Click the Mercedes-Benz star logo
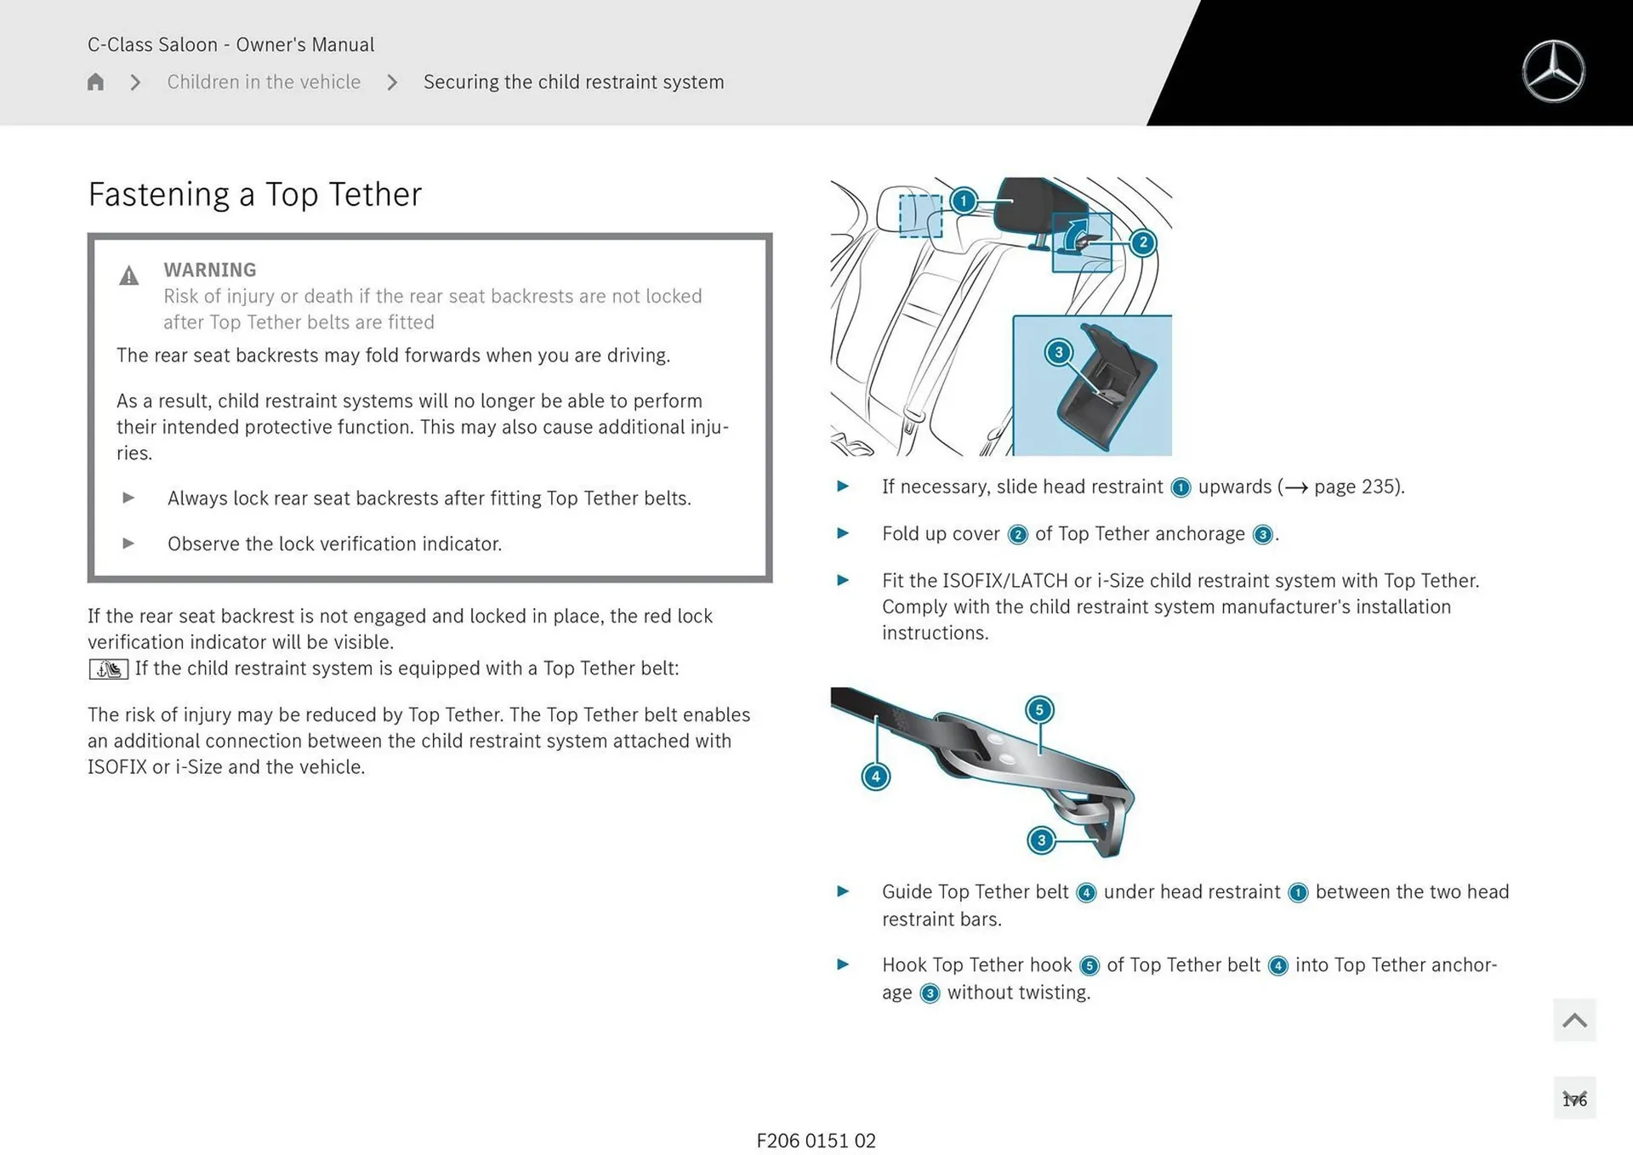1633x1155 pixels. pyautogui.click(x=1553, y=71)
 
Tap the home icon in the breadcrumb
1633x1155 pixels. pyautogui.click(x=95, y=82)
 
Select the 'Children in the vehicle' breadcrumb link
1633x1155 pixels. pyautogui.click(x=264, y=82)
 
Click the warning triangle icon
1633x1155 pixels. pyautogui.click(x=128, y=276)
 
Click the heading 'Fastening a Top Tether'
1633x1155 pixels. pyautogui.click(x=254, y=195)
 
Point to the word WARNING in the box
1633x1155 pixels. pyautogui.click(x=210, y=270)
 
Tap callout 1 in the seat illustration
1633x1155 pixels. pyautogui.click(x=963, y=201)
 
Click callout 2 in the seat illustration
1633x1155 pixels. pyautogui.click(x=1142, y=243)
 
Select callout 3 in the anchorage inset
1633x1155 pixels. pyautogui.click(x=1058, y=352)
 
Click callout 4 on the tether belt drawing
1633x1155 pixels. pyautogui.click(x=875, y=776)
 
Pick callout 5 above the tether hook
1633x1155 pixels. pyautogui.click(x=1039, y=709)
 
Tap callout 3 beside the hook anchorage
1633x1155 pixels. pyautogui.click(x=1041, y=840)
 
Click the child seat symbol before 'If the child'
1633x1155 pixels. pyautogui.click(x=108, y=669)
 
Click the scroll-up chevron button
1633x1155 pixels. pyautogui.click(x=1573, y=1020)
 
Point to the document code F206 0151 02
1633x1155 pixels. pyautogui.click(x=816, y=1141)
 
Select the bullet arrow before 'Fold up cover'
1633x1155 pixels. pyautogui.click(x=843, y=533)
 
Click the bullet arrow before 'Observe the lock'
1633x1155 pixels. pyautogui.click(x=128, y=543)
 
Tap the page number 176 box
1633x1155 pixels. pyautogui.click(x=1573, y=1099)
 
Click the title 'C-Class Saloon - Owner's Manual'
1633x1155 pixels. pyautogui.click(x=230, y=44)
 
